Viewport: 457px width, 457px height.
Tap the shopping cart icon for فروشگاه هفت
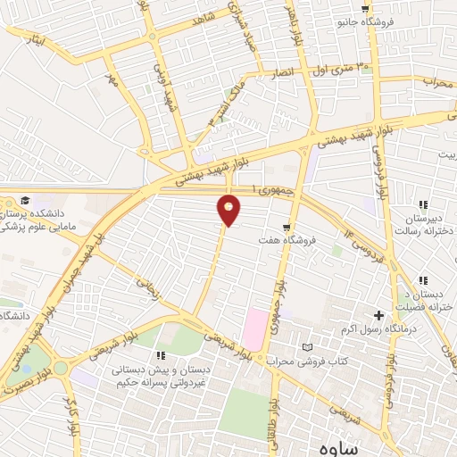tap(286, 228)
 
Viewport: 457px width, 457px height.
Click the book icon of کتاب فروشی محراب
tap(309, 347)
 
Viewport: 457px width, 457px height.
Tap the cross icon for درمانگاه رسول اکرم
tap(378, 315)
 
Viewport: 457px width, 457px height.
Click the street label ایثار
tap(29, 41)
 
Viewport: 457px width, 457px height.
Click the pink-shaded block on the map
tap(254, 328)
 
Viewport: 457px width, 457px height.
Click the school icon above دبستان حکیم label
tap(161, 355)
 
